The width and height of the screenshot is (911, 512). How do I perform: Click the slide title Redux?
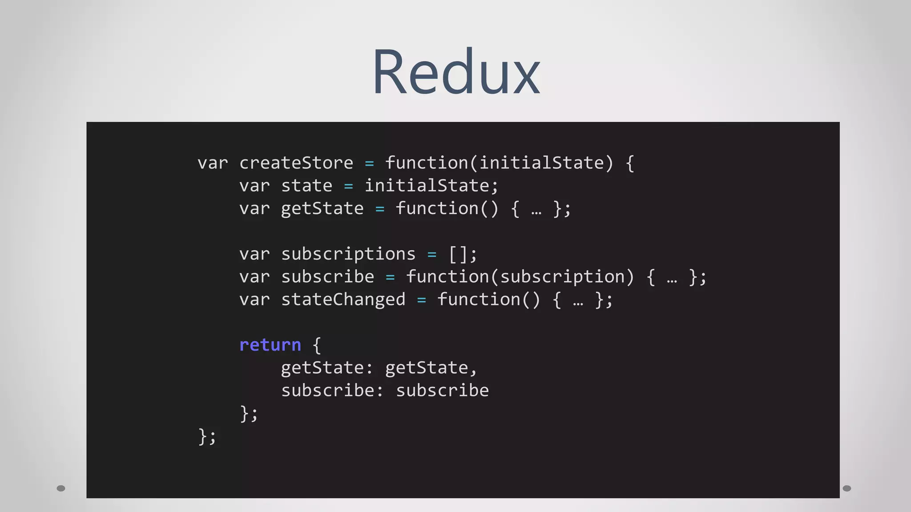tap(456, 72)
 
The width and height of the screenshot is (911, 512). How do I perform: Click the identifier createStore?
tap(296, 163)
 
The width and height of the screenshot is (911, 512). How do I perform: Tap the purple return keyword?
tap(270, 345)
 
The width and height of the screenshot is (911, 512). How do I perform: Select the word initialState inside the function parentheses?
tap(542, 163)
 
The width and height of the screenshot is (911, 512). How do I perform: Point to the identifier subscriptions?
tap(348, 254)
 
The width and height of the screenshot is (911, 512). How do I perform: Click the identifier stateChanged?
tap(343, 300)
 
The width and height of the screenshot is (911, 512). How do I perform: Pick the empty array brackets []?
tap(458, 254)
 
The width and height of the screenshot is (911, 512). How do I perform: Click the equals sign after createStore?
tap(369, 164)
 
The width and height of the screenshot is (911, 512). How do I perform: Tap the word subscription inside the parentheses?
tap(562, 277)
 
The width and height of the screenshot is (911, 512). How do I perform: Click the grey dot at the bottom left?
tap(61, 488)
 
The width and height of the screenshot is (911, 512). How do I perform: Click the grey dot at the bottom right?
tap(847, 488)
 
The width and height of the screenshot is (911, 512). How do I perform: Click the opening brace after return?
tap(317, 345)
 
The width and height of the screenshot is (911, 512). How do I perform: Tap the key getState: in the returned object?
tap(327, 368)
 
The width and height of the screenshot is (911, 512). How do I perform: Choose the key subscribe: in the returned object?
tap(332, 391)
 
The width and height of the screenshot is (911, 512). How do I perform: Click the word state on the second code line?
tap(306, 186)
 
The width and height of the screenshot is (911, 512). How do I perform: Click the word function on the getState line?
tap(436, 208)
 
